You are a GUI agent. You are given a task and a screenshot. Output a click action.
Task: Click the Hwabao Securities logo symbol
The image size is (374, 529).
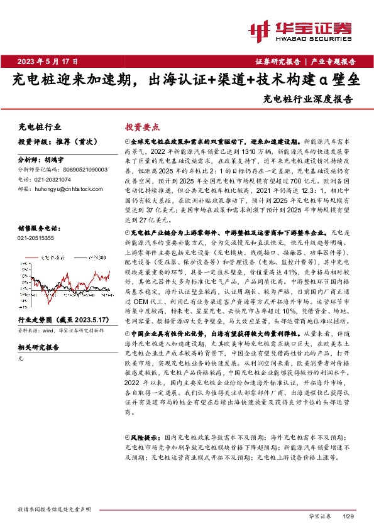(x=260, y=28)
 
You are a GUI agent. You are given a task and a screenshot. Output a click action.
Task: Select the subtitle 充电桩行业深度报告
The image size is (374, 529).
(x=308, y=99)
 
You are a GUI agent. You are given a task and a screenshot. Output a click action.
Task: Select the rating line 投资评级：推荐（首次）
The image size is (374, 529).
(x=52, y=142)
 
